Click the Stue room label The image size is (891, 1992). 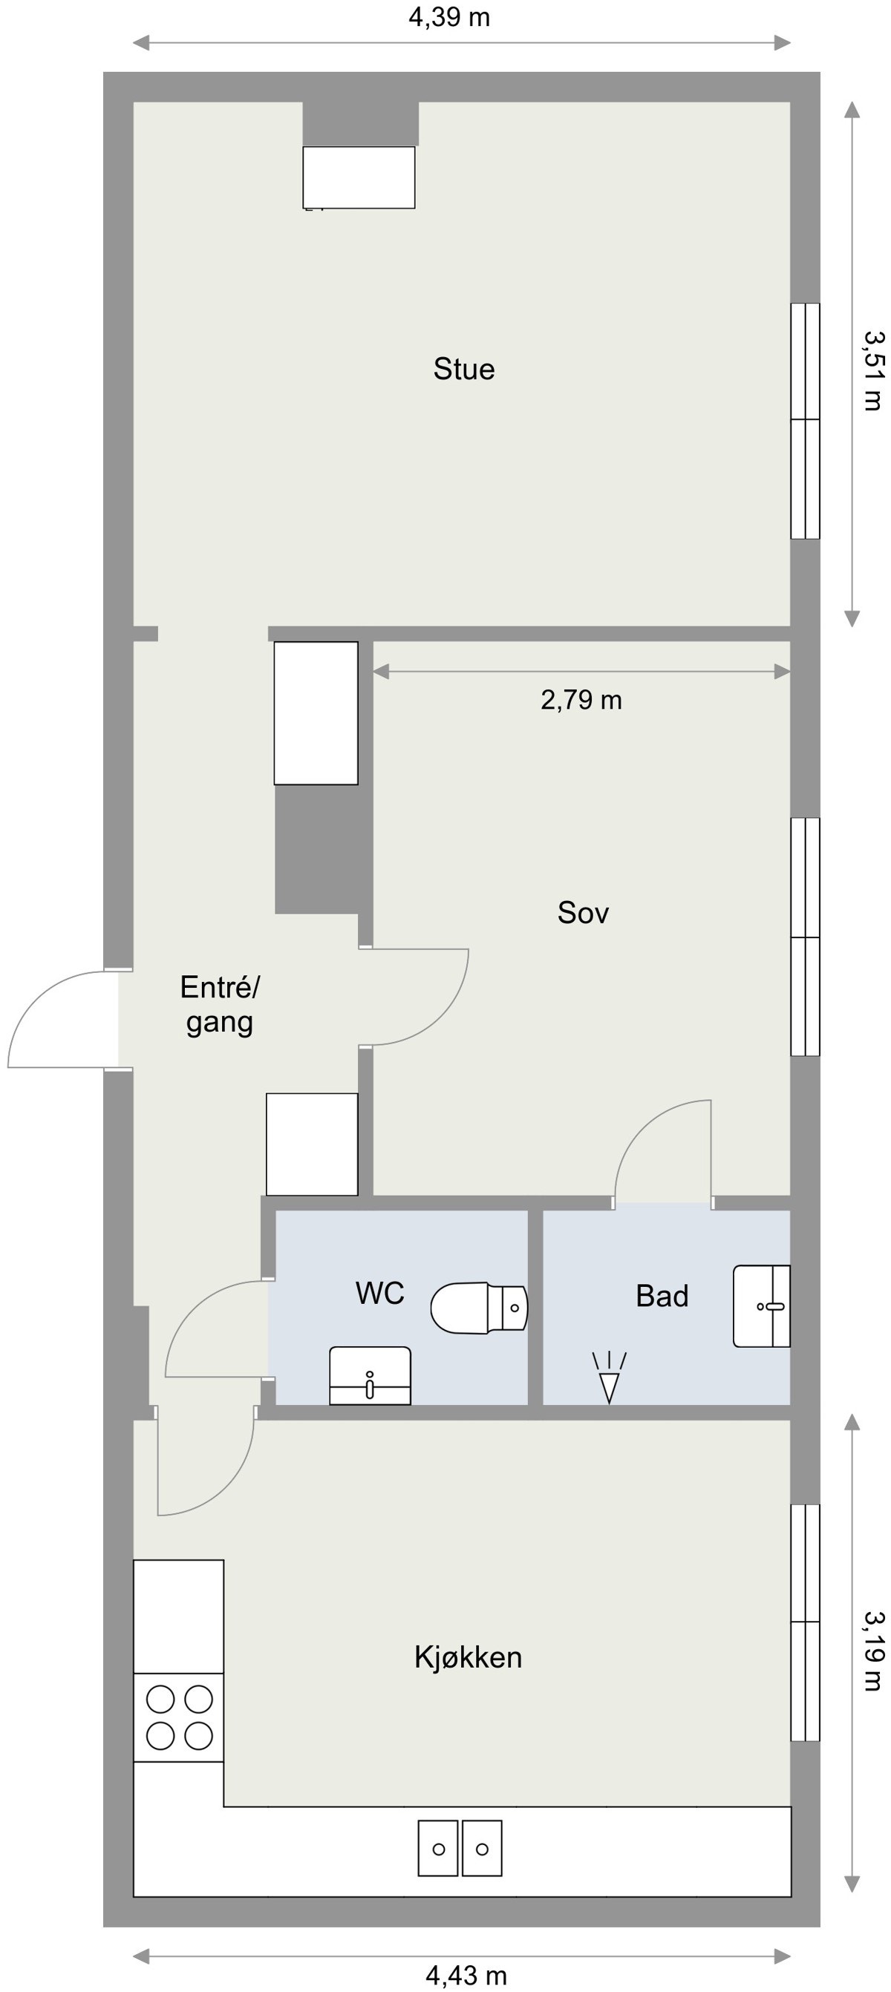click(463, 369)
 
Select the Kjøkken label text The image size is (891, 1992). click(468, 1657)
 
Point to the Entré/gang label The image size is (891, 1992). click(220, 1004)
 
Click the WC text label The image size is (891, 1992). click(379, 1293)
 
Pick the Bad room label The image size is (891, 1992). click(662, 1296)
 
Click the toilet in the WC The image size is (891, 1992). click(479, 1308)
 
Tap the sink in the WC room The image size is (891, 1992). click(370, 1376)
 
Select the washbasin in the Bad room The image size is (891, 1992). click(761, 1306)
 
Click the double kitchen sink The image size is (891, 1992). click(460, 1848)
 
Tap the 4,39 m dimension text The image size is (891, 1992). click(449, 17)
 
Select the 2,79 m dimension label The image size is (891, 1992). click(581, 700)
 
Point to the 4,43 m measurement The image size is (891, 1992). click(466, 1976)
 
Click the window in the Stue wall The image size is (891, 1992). click(804, 421)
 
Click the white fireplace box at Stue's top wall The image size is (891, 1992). click(359, 177)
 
